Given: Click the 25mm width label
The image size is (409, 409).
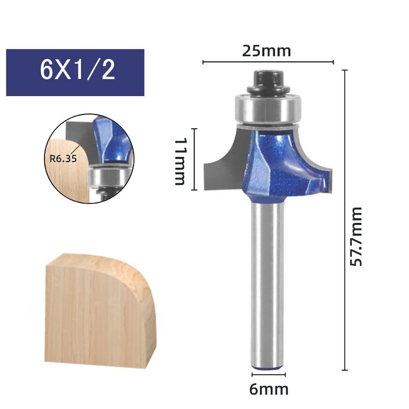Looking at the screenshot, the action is coord(266,51).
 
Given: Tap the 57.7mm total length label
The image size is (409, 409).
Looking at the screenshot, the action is coord(356,236).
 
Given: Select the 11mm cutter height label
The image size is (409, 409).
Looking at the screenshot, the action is coord(180,162).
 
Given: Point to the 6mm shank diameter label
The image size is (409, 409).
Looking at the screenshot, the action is coord(269,389).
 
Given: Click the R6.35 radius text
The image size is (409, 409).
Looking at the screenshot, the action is coord(63,158).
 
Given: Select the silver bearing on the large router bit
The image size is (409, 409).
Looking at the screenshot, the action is coord(268,108).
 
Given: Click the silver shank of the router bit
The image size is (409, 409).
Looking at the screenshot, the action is coord(267,284).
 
